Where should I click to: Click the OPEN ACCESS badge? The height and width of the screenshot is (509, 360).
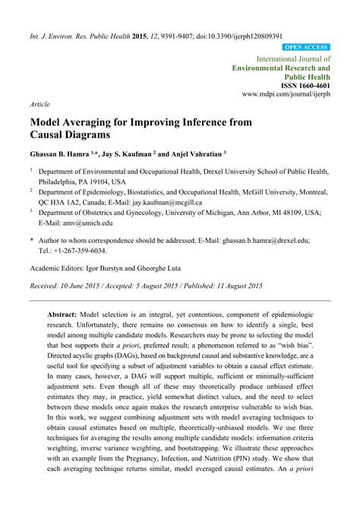click(x=306, y=47)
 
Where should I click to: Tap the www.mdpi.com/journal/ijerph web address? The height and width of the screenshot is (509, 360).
click(x=286, y=96)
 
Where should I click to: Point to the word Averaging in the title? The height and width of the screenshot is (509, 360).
click(x=96, y=120)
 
